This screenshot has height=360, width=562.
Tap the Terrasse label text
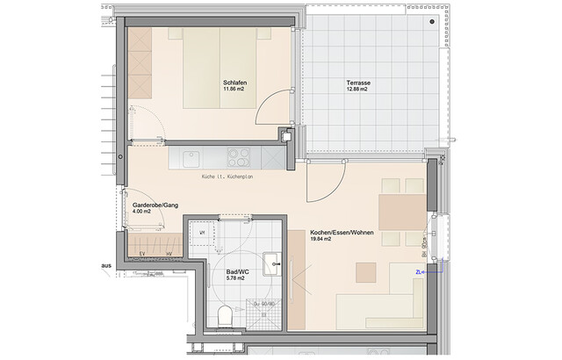click(x=358, y=83)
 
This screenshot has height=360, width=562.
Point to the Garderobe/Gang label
click(x=155, y=205)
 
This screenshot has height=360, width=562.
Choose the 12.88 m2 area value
click(x=358, y=90)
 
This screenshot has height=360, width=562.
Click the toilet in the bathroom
click(x=227, y=313)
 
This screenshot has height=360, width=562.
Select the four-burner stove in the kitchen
click(x=240, y=157)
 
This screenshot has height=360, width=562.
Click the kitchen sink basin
click(x=191, y=157)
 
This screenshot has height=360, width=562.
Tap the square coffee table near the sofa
click(x=365, y=272)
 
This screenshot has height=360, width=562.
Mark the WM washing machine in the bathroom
click(x=203, y=233)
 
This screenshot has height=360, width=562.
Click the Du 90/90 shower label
click(x=264, y=304)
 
